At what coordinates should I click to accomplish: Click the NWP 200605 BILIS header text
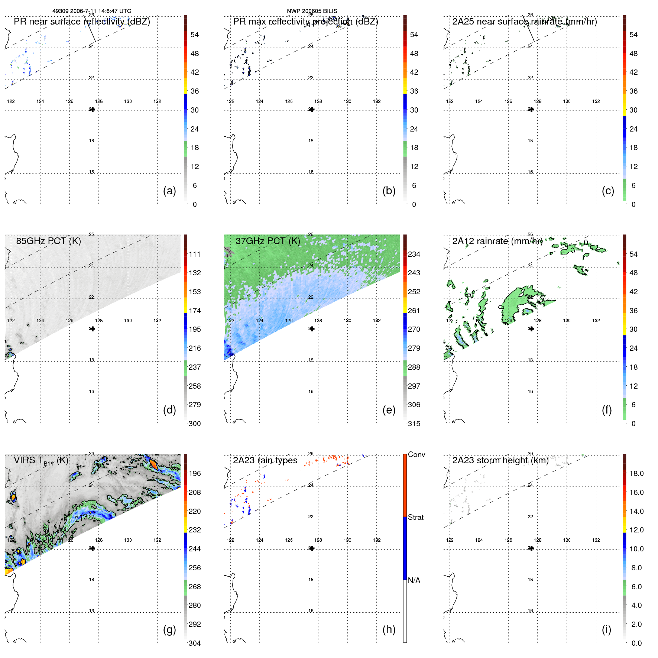pos(312,11)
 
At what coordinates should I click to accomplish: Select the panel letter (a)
pos(169,191)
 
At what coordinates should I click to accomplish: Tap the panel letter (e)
pos(389,410)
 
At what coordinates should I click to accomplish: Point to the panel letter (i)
pos(606,629)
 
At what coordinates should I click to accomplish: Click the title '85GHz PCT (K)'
pos(48,241)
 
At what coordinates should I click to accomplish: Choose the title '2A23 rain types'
pos(265,460)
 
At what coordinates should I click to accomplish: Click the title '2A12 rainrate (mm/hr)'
pos(497,241)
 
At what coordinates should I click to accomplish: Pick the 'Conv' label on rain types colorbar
pos(416,454)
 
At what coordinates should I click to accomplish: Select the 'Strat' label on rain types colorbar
pos(415,517)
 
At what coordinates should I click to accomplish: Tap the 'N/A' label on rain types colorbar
pos(414,580)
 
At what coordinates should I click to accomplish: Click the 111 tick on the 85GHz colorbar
pos(195,254)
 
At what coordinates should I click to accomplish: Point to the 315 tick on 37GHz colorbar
pos(414,424)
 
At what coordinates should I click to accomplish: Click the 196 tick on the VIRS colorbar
pos(195,473)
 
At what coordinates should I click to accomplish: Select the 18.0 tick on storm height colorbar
pos(636,473)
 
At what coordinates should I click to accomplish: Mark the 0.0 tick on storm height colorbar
pos(636,643)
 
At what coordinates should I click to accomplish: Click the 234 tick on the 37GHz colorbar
pos(414,254)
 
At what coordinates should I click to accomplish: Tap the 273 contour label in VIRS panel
pos(81,518)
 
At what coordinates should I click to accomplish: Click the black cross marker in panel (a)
pos(92,109)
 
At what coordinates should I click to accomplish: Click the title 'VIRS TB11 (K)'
pos(41,461)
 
